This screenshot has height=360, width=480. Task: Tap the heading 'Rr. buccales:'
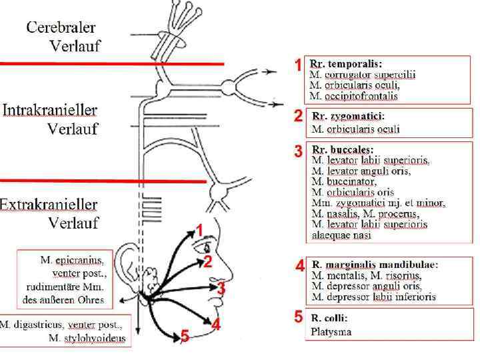pos(343,149)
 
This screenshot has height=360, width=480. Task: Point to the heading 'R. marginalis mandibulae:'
pos(375,265)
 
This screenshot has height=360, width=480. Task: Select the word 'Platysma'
pos(331,331)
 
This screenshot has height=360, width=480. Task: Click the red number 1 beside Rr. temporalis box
pos(298,65)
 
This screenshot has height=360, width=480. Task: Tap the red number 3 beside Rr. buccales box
pos(298,151)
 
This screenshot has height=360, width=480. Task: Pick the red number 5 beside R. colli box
pos(298,317)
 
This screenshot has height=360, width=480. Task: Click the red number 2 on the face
pos(207,262)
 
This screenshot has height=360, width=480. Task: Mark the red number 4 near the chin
pos(216,325)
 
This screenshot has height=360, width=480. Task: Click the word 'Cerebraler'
pos(61,28)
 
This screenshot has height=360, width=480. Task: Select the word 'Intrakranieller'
pos(59,110)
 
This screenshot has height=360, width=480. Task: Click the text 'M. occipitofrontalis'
pos(354,96)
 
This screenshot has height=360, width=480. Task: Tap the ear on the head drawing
pos(127,267)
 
